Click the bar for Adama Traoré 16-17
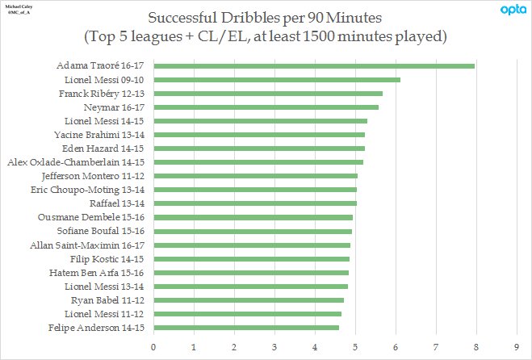pyautogui.click(x=314, y=66)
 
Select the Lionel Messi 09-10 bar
pyautogui.click(x=277, y=80)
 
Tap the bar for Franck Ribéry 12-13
pyautogui.click(x=268, y=94)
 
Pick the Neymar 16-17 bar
pyautogui.click(x=266, y=107)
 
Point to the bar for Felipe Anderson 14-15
pyautogui.click(x=246, y=328)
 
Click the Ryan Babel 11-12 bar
pyautogui.click(x=249, y=300)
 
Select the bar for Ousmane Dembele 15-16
pyautogui.click(x=253, y=217)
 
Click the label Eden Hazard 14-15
pyautogui.click(x=103, y=149)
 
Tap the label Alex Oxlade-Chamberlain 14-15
pyautogui.click(x=76, y=162)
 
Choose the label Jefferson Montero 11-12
pyautogui.click(x=93, y=176)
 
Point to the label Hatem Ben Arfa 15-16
pyautogui.click(x=96, y=273)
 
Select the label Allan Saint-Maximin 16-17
pyautogui.click(x=87, y=245)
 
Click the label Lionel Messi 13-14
pyautogui.click(x=104, y=287)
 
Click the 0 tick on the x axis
pyautogui.click(x=153, y=347)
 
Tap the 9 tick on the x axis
pyautogui.click(x=517, y=347)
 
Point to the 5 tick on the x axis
pyautogui.click(x=355, y=347)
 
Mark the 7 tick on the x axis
pyautogui.click(x=436, y=347)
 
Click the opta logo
pyautogui.click(x=513, y=10)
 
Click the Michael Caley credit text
pyautogui.click(x=19, y=6)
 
